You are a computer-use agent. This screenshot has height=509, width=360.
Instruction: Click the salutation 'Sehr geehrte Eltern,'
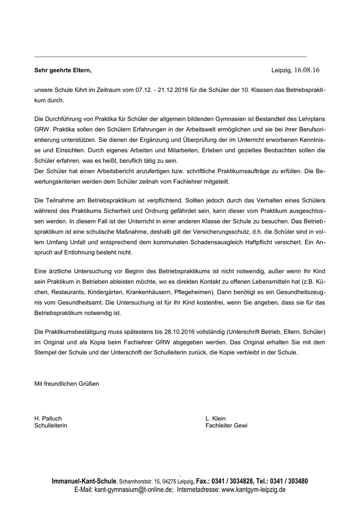(x=63, y=71)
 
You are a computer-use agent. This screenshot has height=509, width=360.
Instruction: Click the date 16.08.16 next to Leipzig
(x=307, y=70)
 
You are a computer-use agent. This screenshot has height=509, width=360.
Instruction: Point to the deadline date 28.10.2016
(x=183, y=331)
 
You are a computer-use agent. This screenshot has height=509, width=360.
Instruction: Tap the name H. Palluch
(x=48, y=419)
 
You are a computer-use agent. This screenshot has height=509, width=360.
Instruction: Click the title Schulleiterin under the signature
(x=50, y=426)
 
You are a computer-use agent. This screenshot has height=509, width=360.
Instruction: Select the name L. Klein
(x=215, y=419)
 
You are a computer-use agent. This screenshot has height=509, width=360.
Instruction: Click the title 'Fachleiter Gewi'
(x=226, y=426)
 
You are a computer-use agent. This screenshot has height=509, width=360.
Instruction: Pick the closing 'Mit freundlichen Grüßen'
(x=66, y=384)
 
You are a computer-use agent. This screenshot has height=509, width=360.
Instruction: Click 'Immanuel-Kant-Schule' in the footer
(x=84, y=481)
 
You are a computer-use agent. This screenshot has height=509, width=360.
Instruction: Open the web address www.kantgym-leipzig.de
(x=253, y=490)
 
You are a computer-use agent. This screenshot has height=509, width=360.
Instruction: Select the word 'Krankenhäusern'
(x=147, y=291)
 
